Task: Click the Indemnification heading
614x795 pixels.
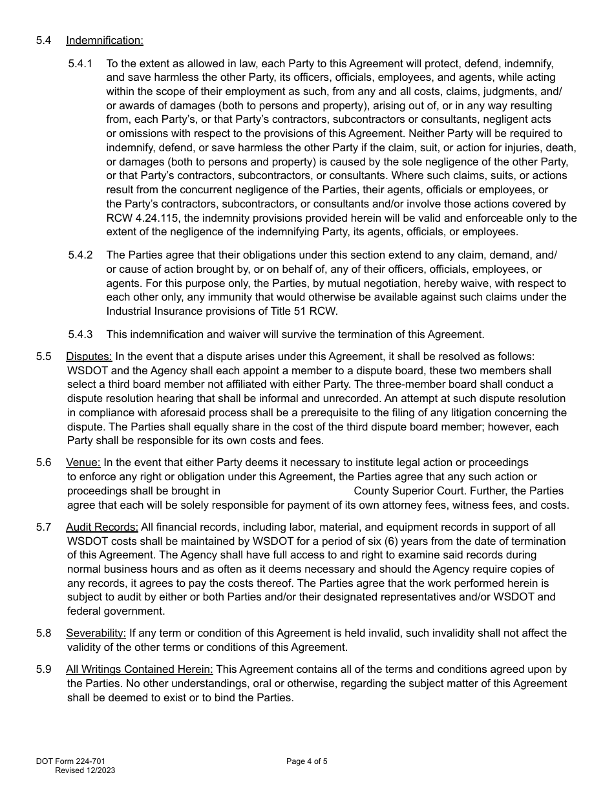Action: pos(104,41)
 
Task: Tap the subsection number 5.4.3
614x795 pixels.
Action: pos(80,334)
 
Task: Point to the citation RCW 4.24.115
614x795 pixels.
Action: pos(138,218)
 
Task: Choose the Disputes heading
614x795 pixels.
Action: pos(89,357)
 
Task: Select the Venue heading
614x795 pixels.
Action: pos(83,463)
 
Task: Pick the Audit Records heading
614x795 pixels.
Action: pos(102,527)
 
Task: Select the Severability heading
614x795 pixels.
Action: pos(96,633)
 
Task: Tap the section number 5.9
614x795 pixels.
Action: pos(44,670)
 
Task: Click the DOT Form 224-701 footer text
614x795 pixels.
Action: pos(70,761)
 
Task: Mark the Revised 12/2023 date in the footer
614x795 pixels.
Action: pos(85,770)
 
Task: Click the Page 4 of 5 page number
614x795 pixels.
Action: pos(307,761)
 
